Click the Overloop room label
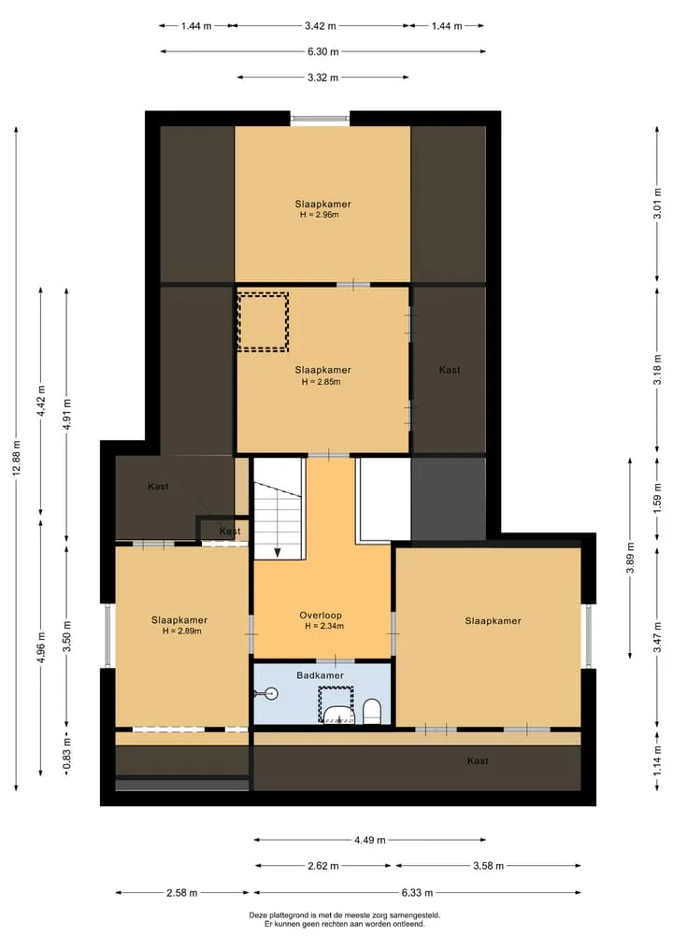[x=320, y=616]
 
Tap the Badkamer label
[x=320, y=675]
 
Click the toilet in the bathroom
[x=372, y=711]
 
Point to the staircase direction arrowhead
[x=278, y=553]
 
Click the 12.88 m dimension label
[x=17, y=460]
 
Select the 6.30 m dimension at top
[x=323, y=51]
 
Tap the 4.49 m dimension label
[x=370, y=840]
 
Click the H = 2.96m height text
[x=319, y=215]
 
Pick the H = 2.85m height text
[x=322, y=382]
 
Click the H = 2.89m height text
[x=182, y=631]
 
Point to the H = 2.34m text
[x=324, y=626]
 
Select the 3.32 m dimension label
[x=323, y=77]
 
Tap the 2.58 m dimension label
[x=182, y=892]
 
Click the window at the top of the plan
[x=320, y=119]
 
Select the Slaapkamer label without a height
[x=493, y=620]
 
